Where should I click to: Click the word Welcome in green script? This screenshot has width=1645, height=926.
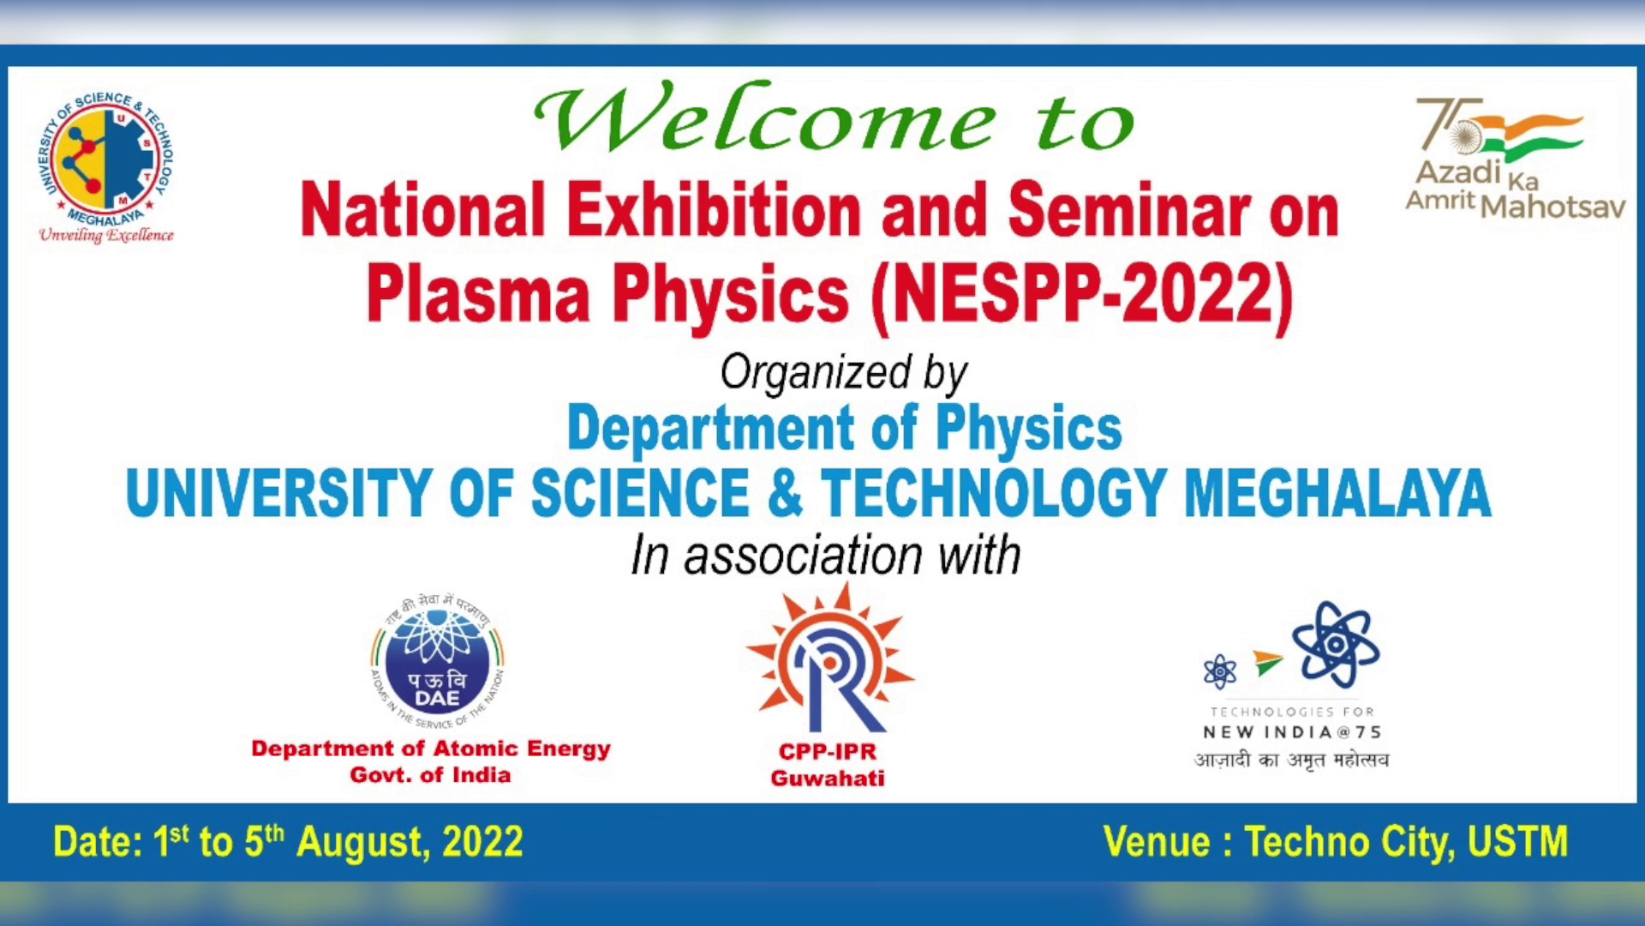[x=764, y=118]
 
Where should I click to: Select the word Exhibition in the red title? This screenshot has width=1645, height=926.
[x=714, y=210]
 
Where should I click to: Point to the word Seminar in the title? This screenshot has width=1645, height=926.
[x=1129, y=210]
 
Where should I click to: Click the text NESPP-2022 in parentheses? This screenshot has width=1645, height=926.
[x=1081, y=294]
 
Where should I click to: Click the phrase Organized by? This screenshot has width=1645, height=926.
[x=843, y=374]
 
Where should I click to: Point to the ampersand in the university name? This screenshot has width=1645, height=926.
[x=785, y=493]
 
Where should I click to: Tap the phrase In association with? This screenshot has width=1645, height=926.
[x=826, y=556]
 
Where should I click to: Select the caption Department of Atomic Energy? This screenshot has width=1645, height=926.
[x=430, y=749]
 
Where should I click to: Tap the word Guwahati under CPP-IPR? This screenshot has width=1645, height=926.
[x=828, y=778]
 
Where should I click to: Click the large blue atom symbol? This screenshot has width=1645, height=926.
[x=1335, y=644]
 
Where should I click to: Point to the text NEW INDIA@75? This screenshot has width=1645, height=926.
[x=1292, y=732]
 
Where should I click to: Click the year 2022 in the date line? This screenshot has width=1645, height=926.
[x=482, y=842]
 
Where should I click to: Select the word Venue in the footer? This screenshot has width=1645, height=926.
[x=1156, y=842]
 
